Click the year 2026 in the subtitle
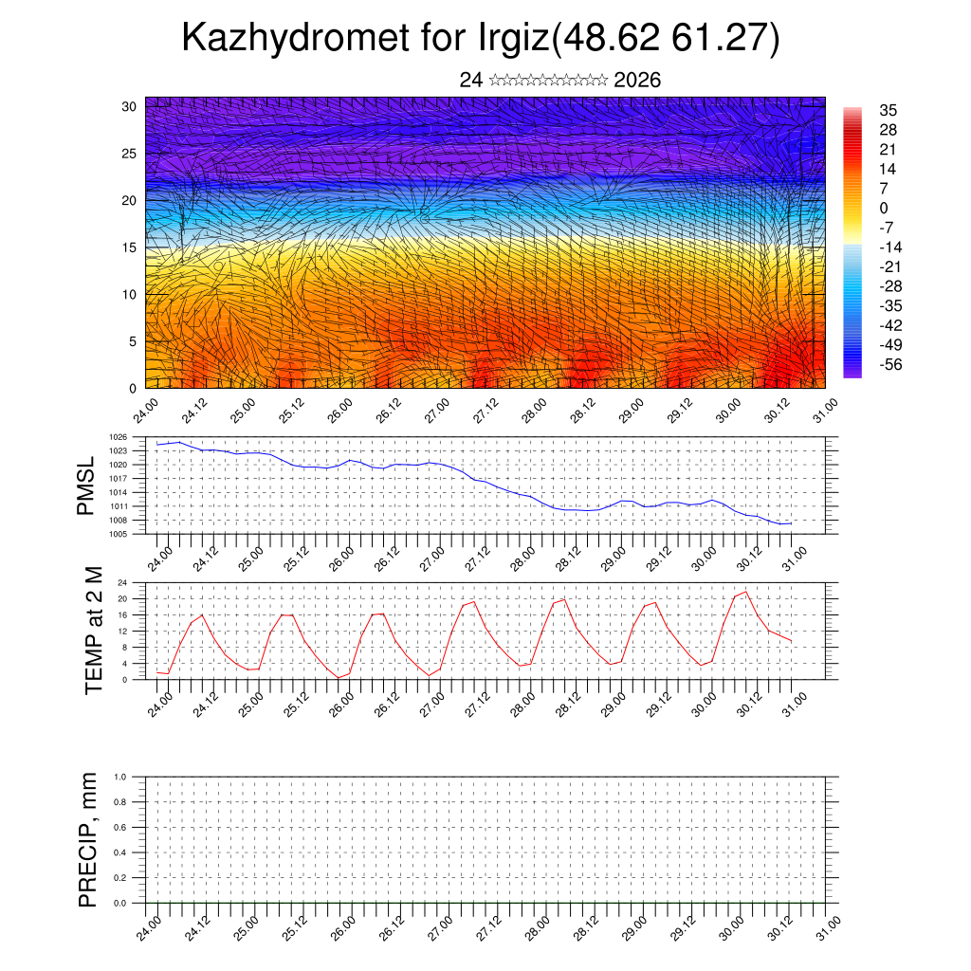point(637,80)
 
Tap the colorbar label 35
point(889,110)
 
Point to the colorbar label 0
point(884,208)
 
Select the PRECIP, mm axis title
point(88,841)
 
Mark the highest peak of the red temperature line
point(746,592)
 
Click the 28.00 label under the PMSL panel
point(523,557)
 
